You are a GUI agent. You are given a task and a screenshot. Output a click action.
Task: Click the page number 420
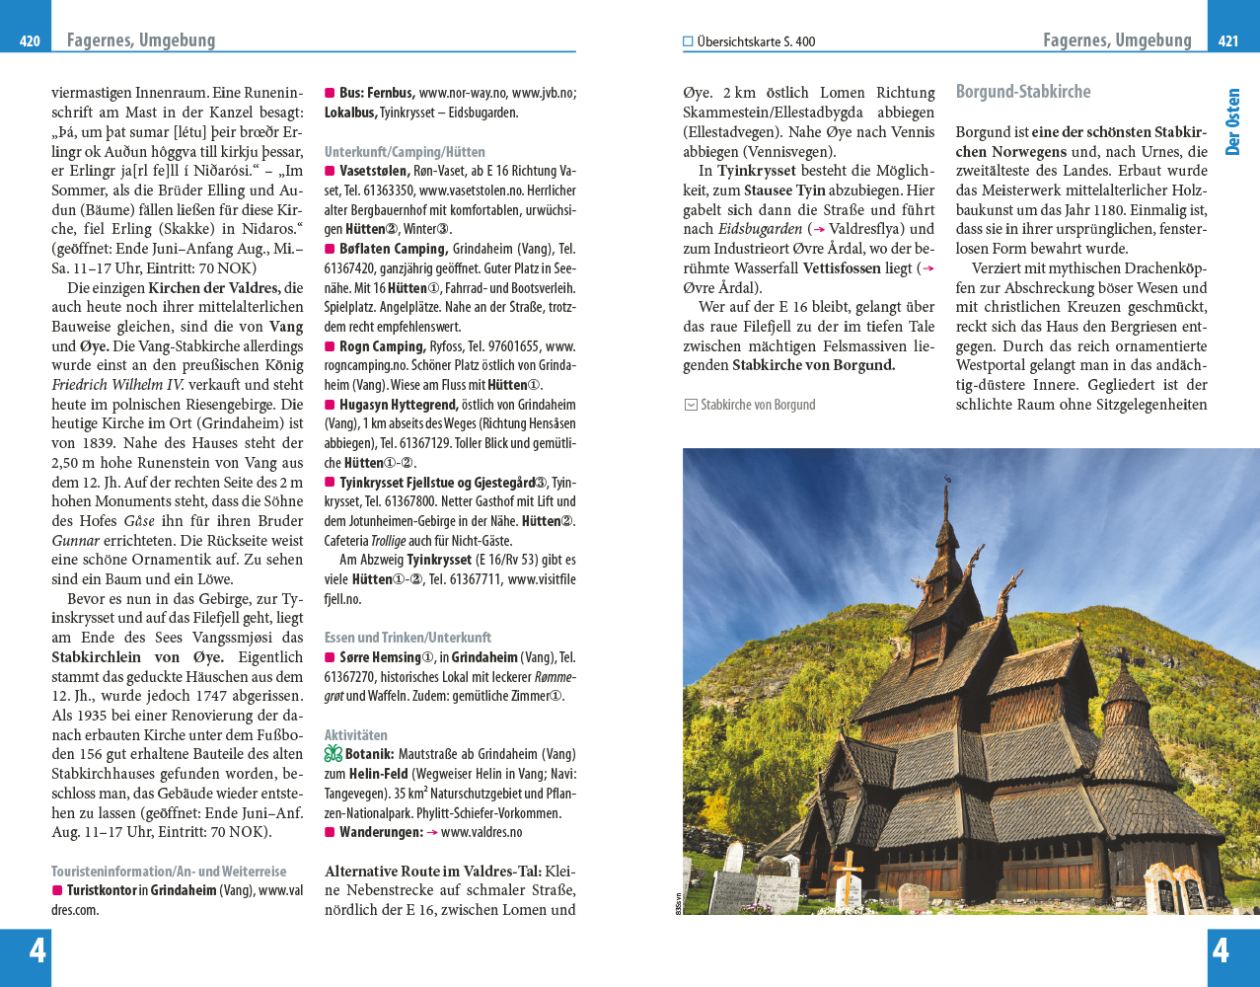[x=30, y=41]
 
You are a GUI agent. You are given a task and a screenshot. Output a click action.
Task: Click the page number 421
[x=1228, y=41]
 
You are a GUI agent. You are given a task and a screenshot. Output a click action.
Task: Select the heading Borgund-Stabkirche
[x=1023, y=92]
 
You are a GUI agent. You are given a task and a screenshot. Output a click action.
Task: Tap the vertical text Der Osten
[x=1232, y=122]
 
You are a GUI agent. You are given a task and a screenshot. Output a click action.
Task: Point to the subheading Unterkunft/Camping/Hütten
[x=405, y=152]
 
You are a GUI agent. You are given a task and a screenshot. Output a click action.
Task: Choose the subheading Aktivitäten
[x=356, y=735]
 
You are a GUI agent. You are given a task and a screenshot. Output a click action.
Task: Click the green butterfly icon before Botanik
[x=334, y=754]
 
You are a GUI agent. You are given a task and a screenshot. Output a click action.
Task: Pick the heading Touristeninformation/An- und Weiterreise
[x=169, y=872]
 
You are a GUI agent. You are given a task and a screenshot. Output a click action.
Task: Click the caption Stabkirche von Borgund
[x=758, y=405]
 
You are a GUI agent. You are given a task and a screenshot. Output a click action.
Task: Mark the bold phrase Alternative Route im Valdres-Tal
[x=433, y=872]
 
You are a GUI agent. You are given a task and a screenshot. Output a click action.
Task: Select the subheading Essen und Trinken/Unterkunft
[x=408, y=638]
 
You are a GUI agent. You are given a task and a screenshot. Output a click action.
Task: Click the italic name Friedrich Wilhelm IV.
[x=116, y=385]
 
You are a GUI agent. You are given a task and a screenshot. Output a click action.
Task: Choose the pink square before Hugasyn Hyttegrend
[x=330, y=405]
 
